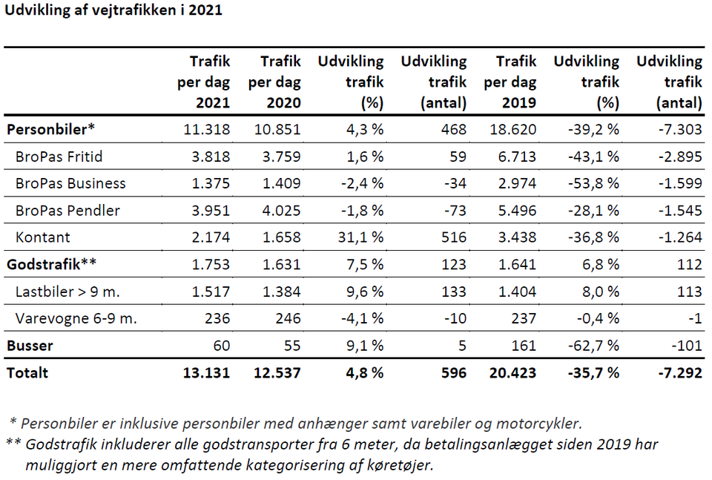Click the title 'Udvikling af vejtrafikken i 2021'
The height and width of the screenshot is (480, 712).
coord(113,11)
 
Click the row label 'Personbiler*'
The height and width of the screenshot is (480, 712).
coord(51,129)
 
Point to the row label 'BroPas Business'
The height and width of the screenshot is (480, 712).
coord(70,183)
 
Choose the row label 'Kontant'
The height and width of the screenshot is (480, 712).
coord(43,237)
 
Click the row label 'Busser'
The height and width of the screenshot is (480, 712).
coord(30,346)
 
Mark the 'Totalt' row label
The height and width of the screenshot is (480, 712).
coord(27,373)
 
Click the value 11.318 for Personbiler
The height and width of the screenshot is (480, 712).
coord(207,129)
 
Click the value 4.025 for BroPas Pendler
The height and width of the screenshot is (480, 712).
coord(280,211)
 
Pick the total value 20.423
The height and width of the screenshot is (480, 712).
coord(513,373)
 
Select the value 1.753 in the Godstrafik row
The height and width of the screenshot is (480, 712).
coord(210,264)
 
